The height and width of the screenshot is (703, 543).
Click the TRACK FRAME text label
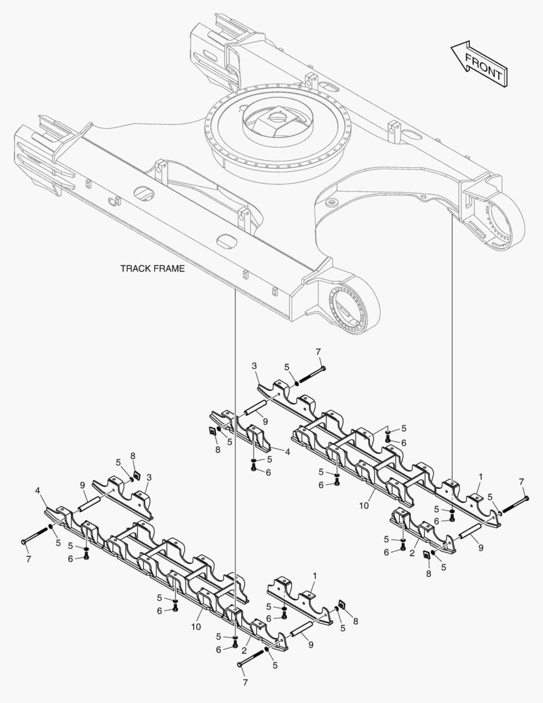pyautogui.click(x=152, y=268)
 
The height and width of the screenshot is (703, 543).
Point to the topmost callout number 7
pyautogui.click(x=319, y=352)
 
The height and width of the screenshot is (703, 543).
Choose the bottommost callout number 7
pyautogui.click(x=245, y=683)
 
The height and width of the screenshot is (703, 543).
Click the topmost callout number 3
pyautogui.click(x=254, y=367)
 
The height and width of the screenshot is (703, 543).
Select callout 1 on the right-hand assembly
pyautogui.click(x=481, y=477)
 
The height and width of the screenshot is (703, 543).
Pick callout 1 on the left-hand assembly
pyautogui.click(x=315, y=577)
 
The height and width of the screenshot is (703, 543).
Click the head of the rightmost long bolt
pyautogui.click(x=526, y=498)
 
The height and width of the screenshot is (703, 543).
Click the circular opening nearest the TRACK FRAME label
pyautogui.click(x=226, y=241)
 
